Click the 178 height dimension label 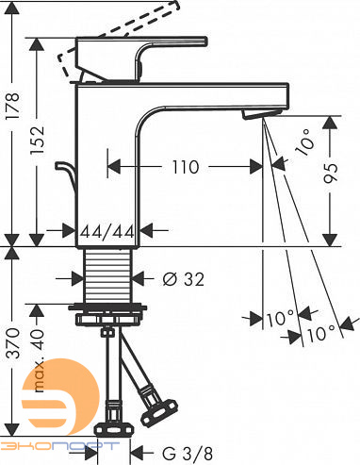[13, 105]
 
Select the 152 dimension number [37, 140]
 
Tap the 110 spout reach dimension [186, 167]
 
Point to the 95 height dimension [331, 173]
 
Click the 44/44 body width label [107, 232]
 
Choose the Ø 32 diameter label [184, 279]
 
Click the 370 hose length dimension [13, 343]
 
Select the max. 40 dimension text [39, 360]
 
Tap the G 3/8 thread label [188, 454]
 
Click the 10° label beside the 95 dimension [305, 142]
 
